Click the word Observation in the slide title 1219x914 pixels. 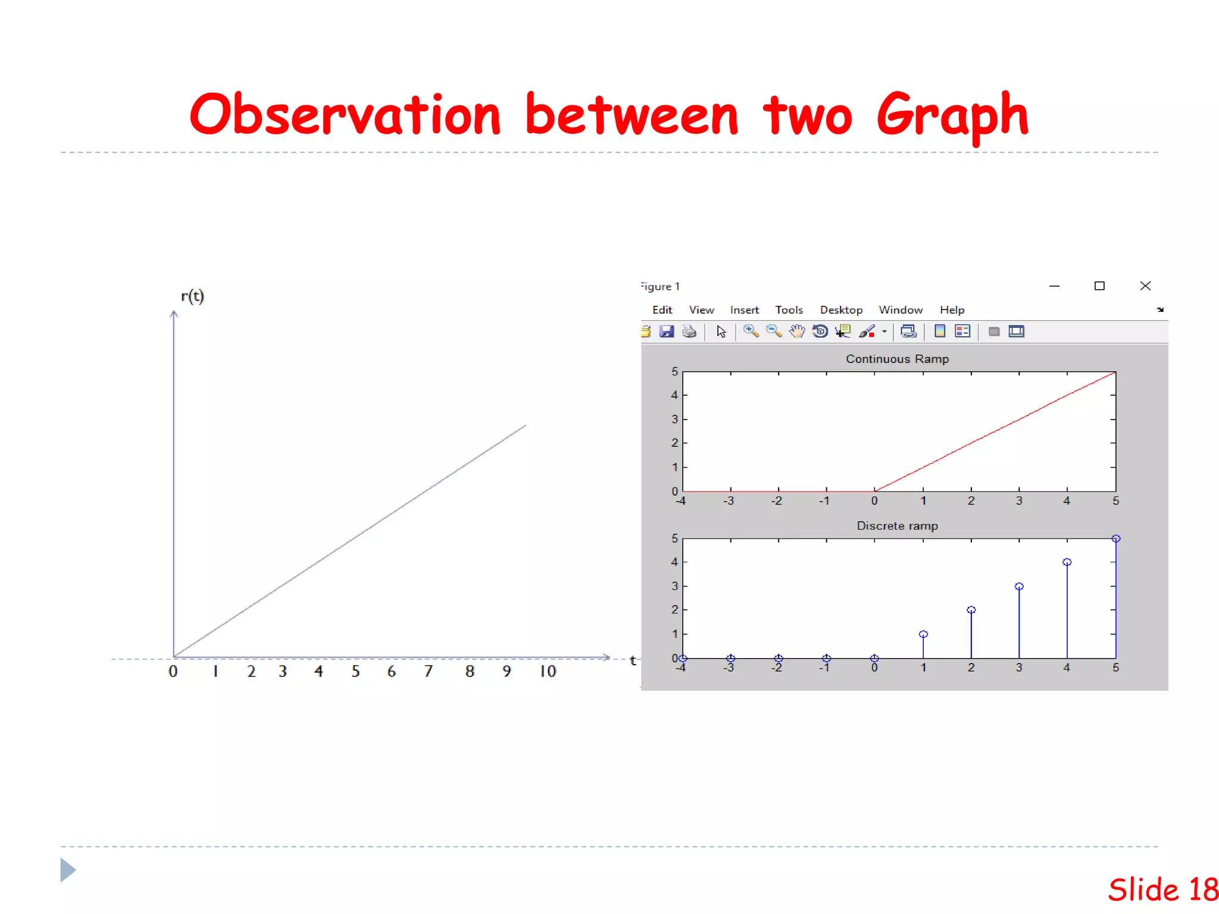click(x=345, y=114)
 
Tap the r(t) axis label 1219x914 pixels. click(x=192, y=296)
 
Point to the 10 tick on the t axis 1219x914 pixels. click(x=548, y=672)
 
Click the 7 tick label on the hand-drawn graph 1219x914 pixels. click(x=428, y=672)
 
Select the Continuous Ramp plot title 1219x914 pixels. click(x=897, y=359)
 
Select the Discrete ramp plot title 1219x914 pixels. click(x=897, y=526)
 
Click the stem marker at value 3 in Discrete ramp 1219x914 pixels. click(x=1019, y=587)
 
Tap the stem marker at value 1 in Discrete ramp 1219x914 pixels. click(x=923, y=634)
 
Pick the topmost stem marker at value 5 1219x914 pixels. click(x=1116, y=539)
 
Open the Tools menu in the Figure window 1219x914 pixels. click(x=789, y=310)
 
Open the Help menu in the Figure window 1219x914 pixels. click(x=952, y=310)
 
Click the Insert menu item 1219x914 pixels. click(x=744, y=310)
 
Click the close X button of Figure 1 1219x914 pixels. click(x=1145, y=286)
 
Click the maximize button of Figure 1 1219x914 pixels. click(x=1099, y=286)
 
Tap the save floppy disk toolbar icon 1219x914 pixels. click(x=667, y=331)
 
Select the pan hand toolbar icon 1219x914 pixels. click(x=797, y=331)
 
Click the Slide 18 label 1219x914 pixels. click(x=1162, y=890)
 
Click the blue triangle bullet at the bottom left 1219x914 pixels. click(x=68, y=870)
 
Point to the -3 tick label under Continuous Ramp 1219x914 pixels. click(x=729, y=501)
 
